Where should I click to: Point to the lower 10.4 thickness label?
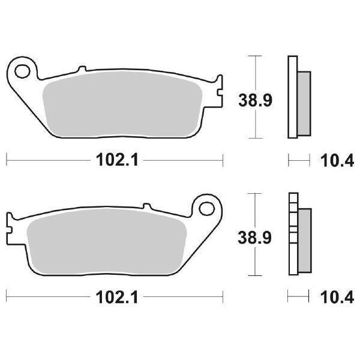(334, 296)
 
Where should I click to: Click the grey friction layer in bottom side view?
(304, 238)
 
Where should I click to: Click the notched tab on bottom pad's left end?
(10, 223)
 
